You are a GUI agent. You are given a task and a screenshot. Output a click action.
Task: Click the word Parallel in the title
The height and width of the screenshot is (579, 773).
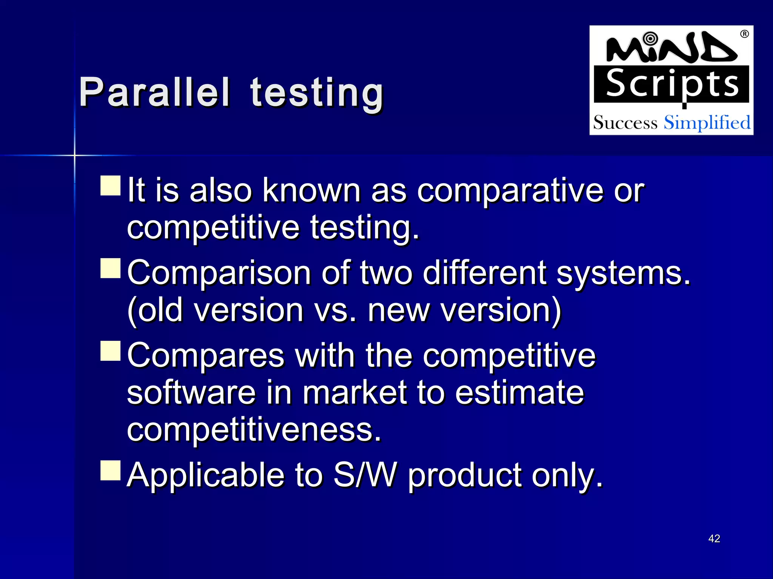click(x=154, y=92)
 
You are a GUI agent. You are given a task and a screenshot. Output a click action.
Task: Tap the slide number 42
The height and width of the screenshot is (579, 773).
click(x=714, y=538)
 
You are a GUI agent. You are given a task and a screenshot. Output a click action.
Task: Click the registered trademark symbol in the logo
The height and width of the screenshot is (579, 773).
click(x=744, y=34)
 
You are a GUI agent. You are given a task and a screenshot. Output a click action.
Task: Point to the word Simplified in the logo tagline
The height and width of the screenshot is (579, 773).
click(x=707, y=123)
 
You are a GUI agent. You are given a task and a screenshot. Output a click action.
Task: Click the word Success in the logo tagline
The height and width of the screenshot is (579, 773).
click(x=625, y=123)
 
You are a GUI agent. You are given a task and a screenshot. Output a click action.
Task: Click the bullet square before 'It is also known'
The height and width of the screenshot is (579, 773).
click(x=111, y=185)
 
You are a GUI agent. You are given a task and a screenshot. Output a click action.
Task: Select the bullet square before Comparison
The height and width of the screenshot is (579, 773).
click(x=111, y=268)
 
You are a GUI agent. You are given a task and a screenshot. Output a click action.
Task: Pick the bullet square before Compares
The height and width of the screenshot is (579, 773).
click(x=111, y=351)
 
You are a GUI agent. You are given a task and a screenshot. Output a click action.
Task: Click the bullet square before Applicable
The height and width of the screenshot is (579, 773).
click(x=111, y=470)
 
